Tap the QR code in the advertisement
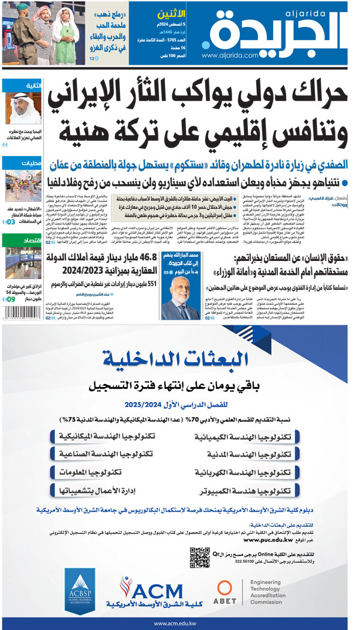coord(200,557)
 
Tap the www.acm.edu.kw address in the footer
coord(179,623)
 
